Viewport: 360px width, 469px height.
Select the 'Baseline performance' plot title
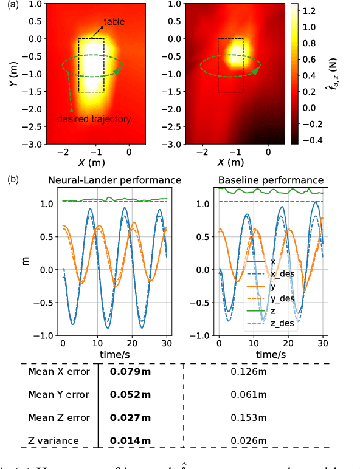pos(270,180)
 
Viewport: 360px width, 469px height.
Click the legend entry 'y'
pos(273,286)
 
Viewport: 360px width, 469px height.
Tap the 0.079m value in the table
pos(130,372)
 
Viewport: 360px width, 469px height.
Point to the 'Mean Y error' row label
pos(58,395)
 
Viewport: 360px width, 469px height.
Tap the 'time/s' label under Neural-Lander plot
pos(115,353)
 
